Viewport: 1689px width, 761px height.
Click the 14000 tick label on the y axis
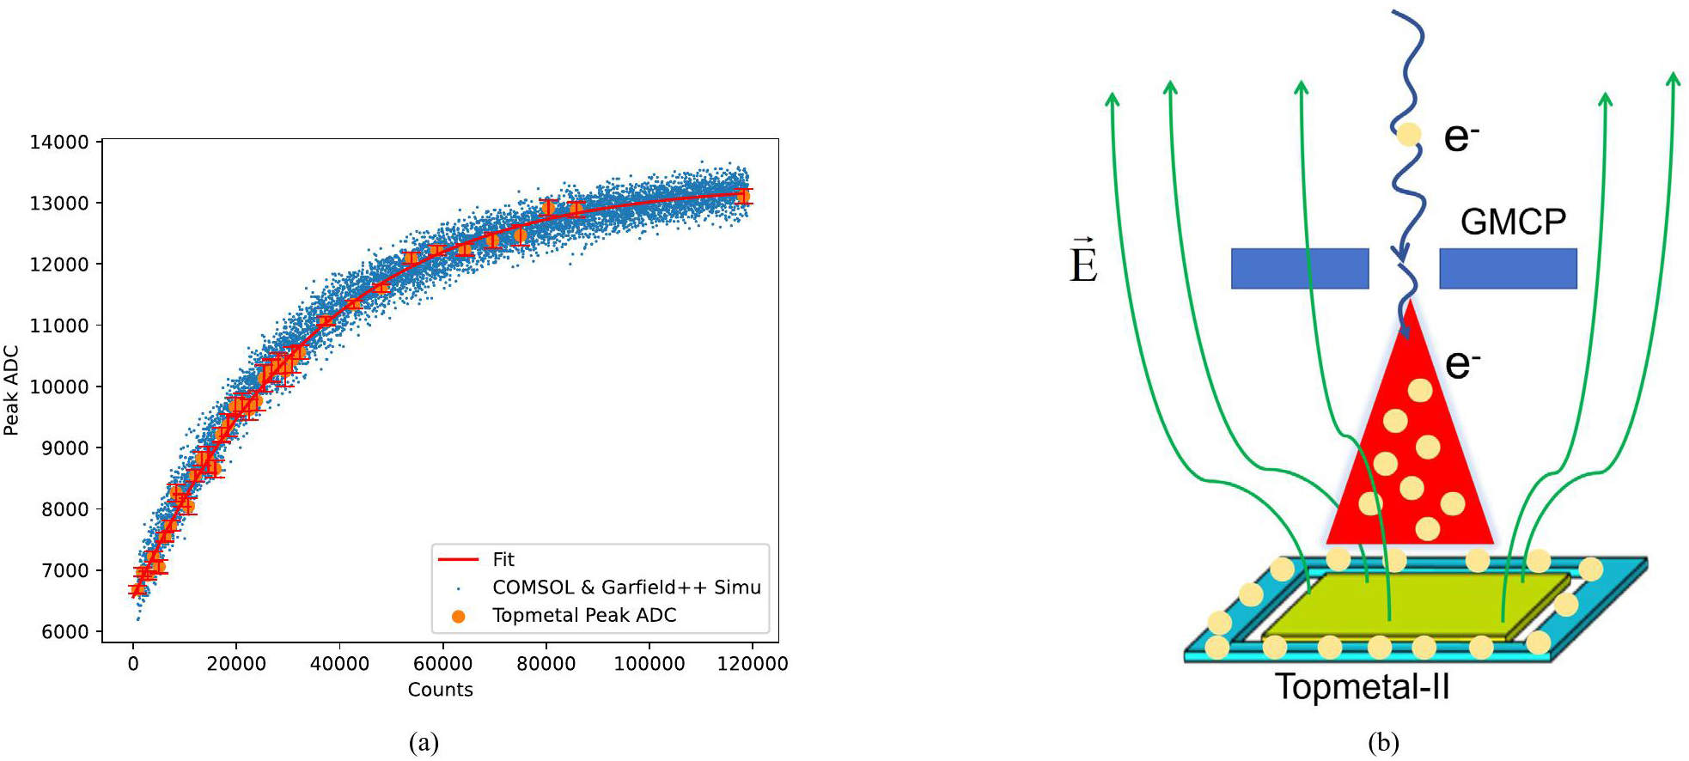[x=59, y=142]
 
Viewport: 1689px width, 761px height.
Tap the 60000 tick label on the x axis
[x=442, y=663]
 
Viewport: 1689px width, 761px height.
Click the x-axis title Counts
[x=440, y=689]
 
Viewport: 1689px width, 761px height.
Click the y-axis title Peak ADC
[x=11, y=390]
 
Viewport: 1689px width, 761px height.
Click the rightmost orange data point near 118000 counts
[x=742, y=197]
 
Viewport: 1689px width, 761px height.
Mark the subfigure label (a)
[x=424, y=742]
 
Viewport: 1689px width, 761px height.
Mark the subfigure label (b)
[x=1382, y=742]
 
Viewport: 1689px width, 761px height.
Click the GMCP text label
[x=1513, y=222]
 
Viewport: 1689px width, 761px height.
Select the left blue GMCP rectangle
[x=1300, y=268]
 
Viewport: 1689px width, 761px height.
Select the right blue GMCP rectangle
[x=1509, y=268]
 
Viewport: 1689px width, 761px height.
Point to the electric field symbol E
[x=1083, y=260]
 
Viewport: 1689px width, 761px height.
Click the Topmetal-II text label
[x=1362, y=687]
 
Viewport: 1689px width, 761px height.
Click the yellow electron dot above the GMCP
[x=1408, y=134]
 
